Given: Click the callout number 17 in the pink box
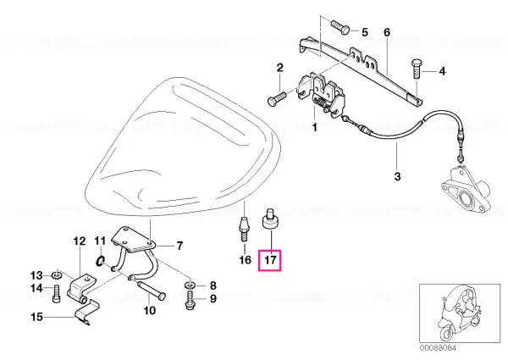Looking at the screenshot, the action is coord(270,260).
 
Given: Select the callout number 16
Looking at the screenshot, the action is coord(245,260).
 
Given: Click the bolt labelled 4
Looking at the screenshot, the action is coord(417,69).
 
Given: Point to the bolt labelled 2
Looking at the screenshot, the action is coord(277,98).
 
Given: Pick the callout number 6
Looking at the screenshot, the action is coord(387,32).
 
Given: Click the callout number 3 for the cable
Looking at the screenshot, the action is coord(397,176).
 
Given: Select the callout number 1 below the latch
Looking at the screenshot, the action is coord(314,127).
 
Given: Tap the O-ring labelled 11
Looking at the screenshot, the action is coord(101,259).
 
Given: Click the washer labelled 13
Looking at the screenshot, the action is coord(58,276).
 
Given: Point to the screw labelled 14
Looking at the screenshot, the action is coord(57,293).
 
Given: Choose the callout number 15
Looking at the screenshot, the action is coord(37,317).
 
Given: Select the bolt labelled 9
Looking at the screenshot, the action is coord(190,301).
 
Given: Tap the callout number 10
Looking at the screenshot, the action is coord(149,311).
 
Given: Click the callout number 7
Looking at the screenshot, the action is coord(179,246).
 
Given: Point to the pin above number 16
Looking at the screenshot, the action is coord(244,230).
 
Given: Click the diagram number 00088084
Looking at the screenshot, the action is coord(439,347).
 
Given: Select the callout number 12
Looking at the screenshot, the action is coord(80,241).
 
